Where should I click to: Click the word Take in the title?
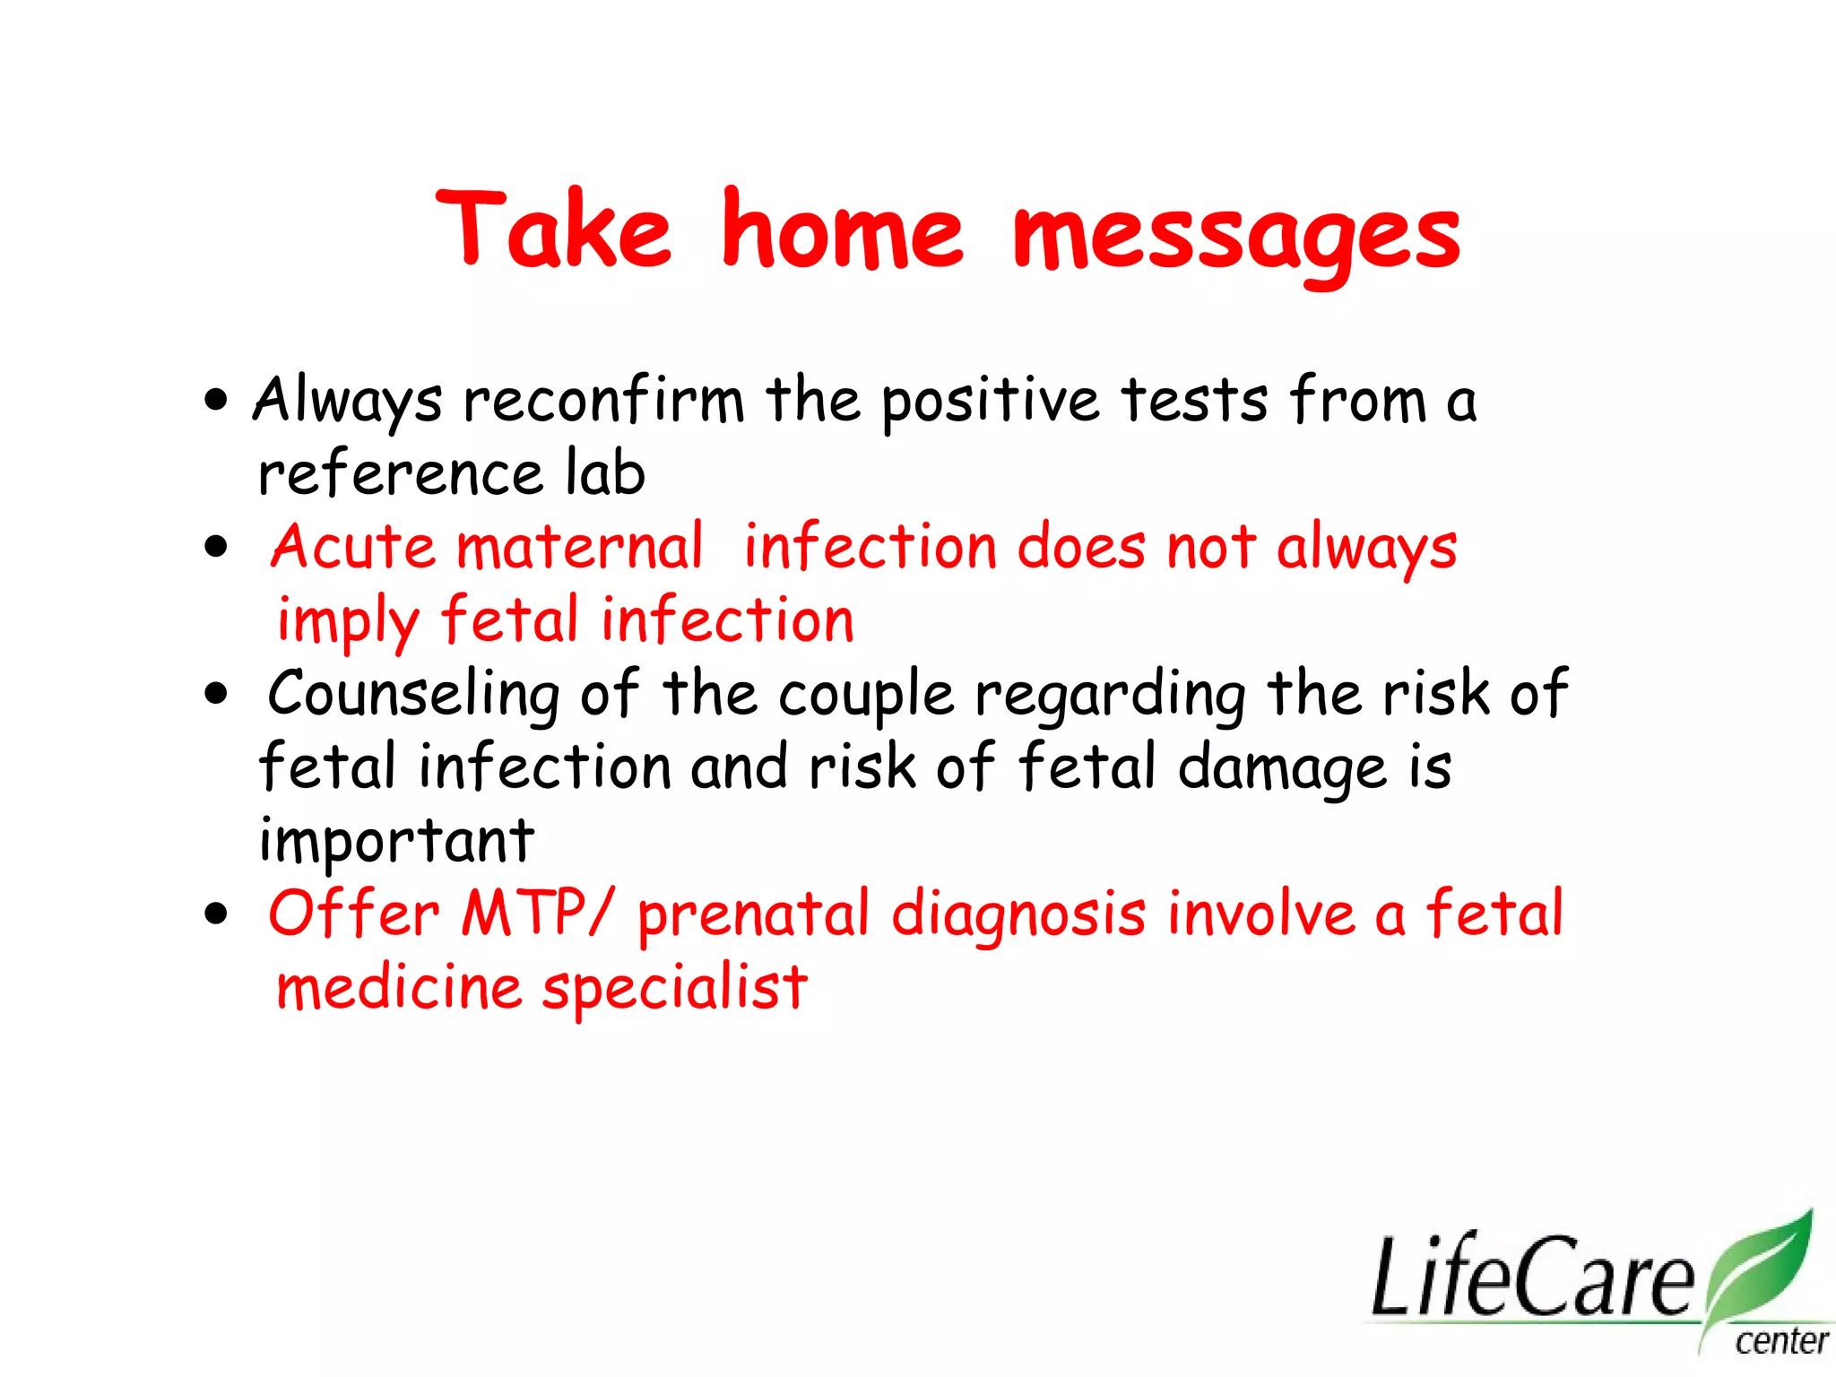click(553, 230)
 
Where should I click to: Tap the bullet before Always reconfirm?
click(216, 400)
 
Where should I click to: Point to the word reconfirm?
click(603, 400)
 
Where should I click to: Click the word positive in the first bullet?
click(990, 402)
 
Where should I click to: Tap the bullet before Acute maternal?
click(216, 546)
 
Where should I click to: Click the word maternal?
click(579, 547)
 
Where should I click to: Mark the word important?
click(395, 843)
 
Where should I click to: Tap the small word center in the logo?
click(1780, 1342)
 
